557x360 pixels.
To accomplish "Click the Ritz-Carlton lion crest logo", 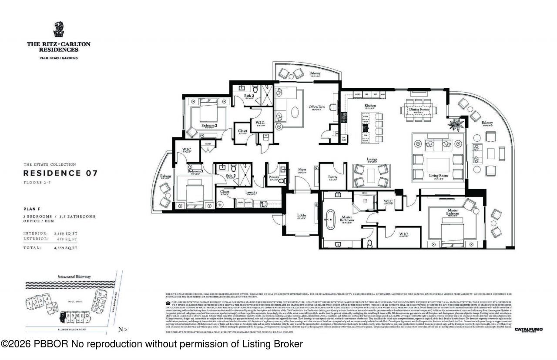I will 58,30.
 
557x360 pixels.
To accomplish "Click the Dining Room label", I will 419,110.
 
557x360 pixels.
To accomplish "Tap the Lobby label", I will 302,215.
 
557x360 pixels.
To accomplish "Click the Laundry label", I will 251,192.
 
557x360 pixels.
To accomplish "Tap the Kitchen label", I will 370,106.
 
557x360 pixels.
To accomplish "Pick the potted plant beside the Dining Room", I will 457,124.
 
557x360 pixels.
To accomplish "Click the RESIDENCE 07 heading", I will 60,173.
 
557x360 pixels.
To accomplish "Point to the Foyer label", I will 302,170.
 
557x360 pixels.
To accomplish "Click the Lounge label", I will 372,159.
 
